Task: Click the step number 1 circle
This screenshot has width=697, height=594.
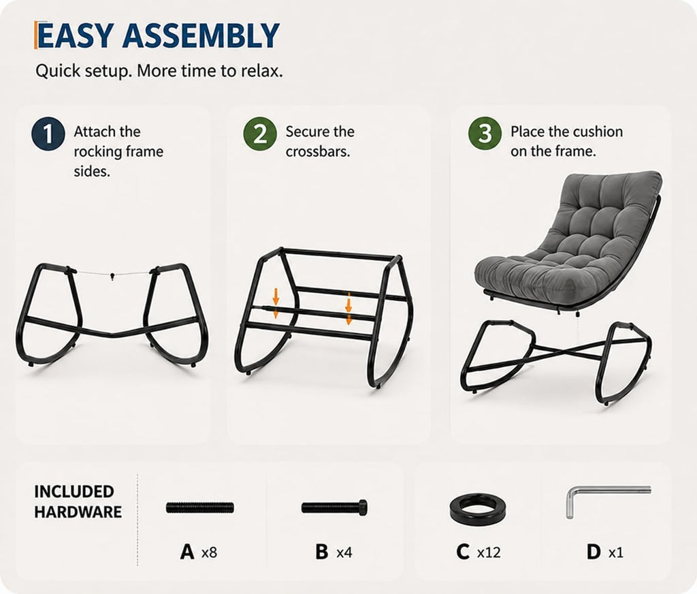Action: pyautogui.click(x=48, y=134)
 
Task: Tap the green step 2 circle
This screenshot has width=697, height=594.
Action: pyautogui.click(x=260, y=134)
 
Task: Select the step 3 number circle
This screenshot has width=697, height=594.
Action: pyautogui.click(x=485, y=134)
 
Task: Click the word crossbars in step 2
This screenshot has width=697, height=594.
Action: pyautogui.click(x=318, y=151)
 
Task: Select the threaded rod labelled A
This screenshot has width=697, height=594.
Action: pyautogui.click(x=200, y=507)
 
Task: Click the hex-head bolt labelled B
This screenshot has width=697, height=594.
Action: pyautogui.click(x=334, y=507)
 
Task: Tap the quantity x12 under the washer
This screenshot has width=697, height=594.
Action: pyautogui.click(x=489, y=552)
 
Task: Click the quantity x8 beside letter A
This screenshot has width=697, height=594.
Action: pyautogui.click(x=209, y=552)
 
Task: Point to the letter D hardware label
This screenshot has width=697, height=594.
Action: pyautogui.click(x=594, y=552)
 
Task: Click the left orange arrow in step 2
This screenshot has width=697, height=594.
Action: pyautogui.click(x=276, y=303)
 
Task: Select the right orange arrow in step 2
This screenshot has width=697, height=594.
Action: pyautogui.click(x=348, y=309)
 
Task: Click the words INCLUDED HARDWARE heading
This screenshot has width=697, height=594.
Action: pyautogui.click(x=78, y=501)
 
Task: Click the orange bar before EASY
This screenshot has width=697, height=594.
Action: pyautogui.click(x=35, y=35)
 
